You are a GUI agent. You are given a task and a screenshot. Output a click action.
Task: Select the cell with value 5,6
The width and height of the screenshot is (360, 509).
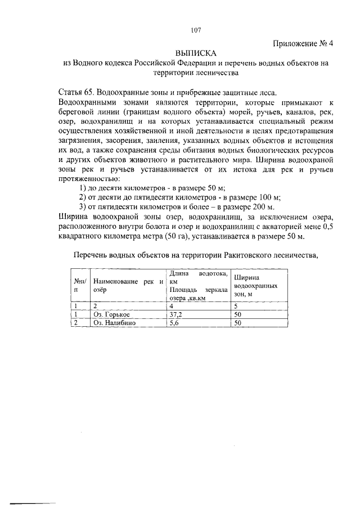tap(175, 323)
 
